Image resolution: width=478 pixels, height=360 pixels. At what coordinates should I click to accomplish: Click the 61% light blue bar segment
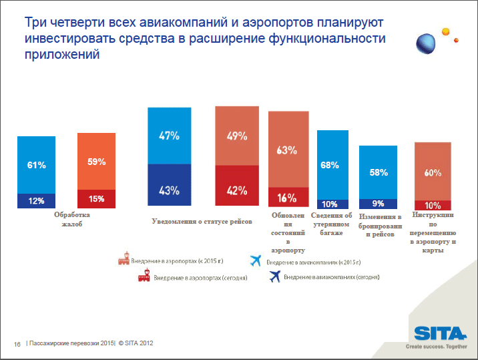pyautogui.click(x=36, y=164)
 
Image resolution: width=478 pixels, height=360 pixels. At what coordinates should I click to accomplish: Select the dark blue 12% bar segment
pyautogui.click(x=36, y=200)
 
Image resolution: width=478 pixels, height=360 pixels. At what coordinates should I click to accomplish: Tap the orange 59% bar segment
pyautogui.click(x=96, y=161)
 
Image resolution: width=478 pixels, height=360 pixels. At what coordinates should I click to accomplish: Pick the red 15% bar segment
pyautogui.click(x=96, y=198)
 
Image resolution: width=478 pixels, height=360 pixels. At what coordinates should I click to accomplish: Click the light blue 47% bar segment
pyautogui.click(x=169, y=136)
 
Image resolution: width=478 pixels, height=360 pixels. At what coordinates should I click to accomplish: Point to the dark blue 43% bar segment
pyautogui.click(x=169, y=190)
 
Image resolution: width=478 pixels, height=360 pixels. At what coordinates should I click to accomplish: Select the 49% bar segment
pyautogui.click(x=236, y=136)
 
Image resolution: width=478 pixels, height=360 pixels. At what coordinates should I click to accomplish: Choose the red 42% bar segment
pyautogui.click(x=236, y=190)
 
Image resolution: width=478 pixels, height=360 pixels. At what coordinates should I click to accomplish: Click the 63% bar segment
pyautogui.click(x=288, y=150)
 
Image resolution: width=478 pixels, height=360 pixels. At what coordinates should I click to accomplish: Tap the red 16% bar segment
pyautogui.click(x=288, y=198)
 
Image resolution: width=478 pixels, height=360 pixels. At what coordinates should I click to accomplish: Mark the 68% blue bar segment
pyautogui.click(x=329, y=164)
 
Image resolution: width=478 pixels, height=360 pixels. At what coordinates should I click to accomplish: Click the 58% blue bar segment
pyautogui.click(x=379, y=172)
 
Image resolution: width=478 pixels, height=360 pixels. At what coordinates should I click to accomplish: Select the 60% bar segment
pyautogui.click(x=433, y=172)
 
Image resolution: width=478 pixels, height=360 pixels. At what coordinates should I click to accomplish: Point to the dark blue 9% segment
pyautogui.click(x=379, y=204)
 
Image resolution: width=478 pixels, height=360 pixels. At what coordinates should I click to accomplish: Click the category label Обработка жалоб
pyautogui.click(x=71, y=220)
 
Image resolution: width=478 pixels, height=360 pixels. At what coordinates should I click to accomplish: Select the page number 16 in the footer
pyautogui.click(x=17, y=344)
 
